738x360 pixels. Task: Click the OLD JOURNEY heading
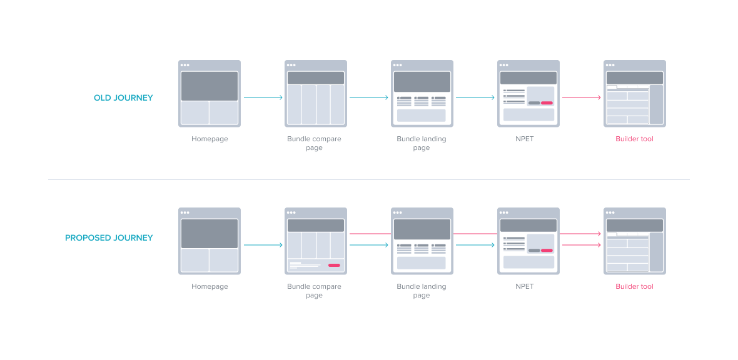[x=123, y=98]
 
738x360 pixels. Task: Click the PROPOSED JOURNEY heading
[x=109, y=238]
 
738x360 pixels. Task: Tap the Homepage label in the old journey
[x=210, y=139]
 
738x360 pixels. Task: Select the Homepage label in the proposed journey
[x=210, y=286]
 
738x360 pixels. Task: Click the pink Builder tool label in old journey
[x=634, y=139]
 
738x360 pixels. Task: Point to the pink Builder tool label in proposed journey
[x=634, y=286]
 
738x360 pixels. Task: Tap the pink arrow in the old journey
[x=581, y=97]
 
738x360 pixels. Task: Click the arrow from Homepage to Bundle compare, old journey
[x=263, y=97]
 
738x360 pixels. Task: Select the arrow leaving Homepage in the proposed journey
[x=263, y=245]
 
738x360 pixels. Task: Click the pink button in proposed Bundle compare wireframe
[x=334, y=265]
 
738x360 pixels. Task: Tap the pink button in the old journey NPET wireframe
[x=547, y=102]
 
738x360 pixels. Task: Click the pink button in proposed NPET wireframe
[x=547, y=250]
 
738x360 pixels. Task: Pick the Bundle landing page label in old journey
[x=422, y=143]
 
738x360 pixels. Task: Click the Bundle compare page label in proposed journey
[x=314, y=291]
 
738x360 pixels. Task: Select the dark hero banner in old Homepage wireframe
[x=210, y=86]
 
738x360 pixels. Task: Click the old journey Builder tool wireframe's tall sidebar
[x=656, y=105]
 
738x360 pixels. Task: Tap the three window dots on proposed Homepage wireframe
[x=184, y=212]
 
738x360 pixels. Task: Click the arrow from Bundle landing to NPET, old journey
[x=475, y=97]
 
